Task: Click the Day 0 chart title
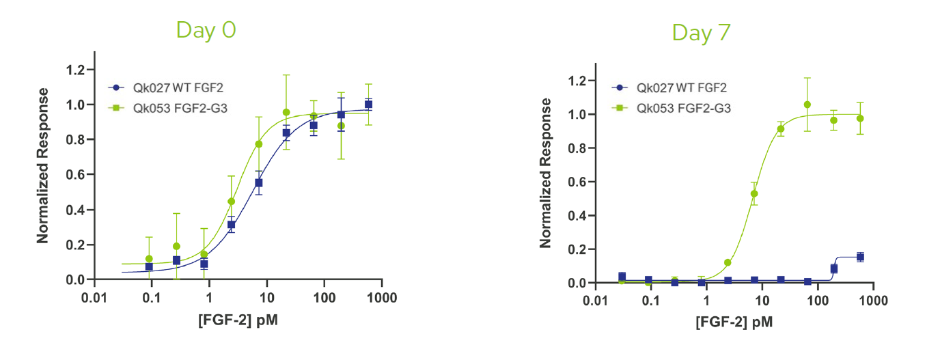(206, 30)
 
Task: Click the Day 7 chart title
(701, 32)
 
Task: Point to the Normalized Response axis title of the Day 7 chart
(545, 173)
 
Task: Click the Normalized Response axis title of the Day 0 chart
(43, 165)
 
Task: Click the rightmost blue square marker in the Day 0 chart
(368, 104)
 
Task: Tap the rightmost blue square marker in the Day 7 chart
(860, 257)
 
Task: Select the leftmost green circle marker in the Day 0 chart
(149, 259)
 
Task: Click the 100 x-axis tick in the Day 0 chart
(324, 299)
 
